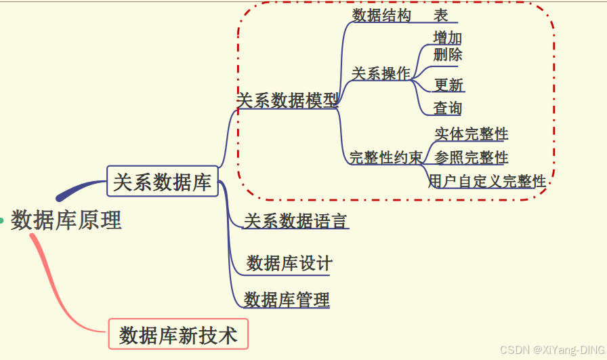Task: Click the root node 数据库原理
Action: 66,220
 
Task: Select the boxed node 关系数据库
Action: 163,182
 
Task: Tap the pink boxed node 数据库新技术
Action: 178,335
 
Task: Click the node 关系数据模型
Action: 287,101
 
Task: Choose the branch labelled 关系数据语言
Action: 295,221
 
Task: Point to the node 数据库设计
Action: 289,263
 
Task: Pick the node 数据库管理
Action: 287,299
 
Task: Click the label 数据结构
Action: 381,16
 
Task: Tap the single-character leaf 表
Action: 440,16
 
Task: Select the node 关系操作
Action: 381,73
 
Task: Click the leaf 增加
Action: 447,38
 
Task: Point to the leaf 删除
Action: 447,54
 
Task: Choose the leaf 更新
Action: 448,85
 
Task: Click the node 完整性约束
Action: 385,158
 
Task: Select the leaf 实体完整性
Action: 471,134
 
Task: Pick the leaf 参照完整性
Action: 471,158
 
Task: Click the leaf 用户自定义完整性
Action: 487,181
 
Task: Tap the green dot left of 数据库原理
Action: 1,220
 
